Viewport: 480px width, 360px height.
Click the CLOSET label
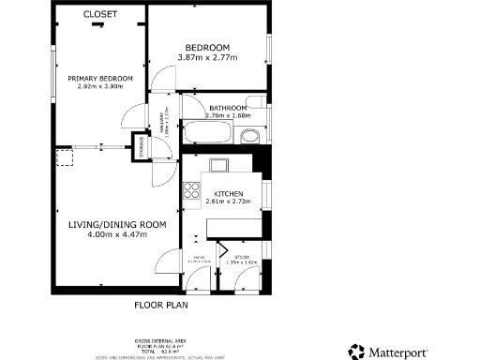coord(100,14)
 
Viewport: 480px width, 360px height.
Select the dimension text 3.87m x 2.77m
coord(208,58)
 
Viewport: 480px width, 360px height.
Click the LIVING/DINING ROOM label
coord(117,224)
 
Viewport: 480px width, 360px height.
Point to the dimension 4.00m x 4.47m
coord(117,235)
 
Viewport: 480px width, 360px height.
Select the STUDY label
coord(242,256)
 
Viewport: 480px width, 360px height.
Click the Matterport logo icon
coord(355,352)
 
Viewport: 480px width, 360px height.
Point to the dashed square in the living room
coord(65,160)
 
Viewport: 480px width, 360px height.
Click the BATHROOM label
coord(228,108)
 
